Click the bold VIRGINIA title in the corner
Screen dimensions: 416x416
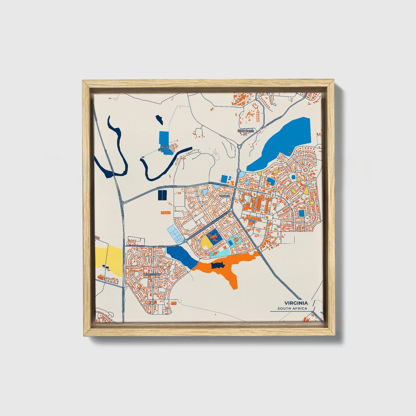coord(296,303)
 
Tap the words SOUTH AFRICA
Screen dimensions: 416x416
coord(292,309)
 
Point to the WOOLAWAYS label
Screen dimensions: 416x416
coord(246,131)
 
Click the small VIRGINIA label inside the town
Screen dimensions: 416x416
coord(225,196)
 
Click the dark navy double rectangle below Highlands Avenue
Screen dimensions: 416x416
coord(162,195)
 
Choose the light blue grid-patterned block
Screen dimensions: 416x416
coord(176,235)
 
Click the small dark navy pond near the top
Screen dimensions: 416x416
coord(159,119)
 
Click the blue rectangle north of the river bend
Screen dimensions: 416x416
coord(164,140)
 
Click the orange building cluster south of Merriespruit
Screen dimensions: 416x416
coord(173,303)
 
